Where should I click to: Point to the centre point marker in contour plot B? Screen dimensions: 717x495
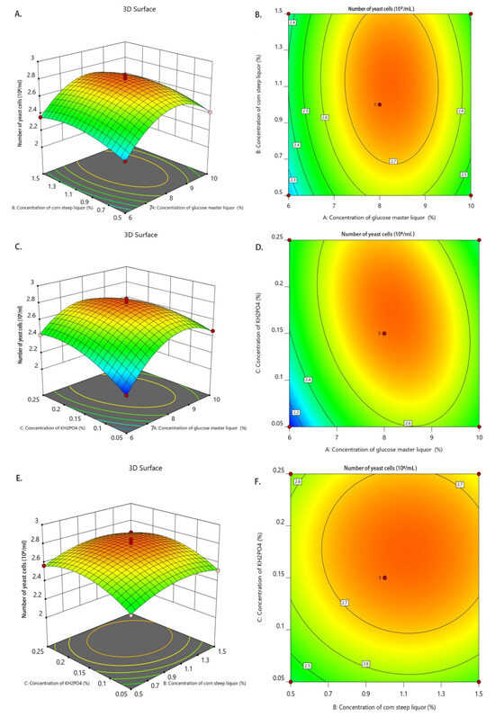click(x=380, y=104)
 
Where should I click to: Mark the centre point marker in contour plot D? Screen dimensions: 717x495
click(x=382, y=334)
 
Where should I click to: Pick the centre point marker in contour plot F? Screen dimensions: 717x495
click(x=383, y=578)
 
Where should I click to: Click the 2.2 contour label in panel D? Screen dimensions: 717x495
click(x=294, y=411)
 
